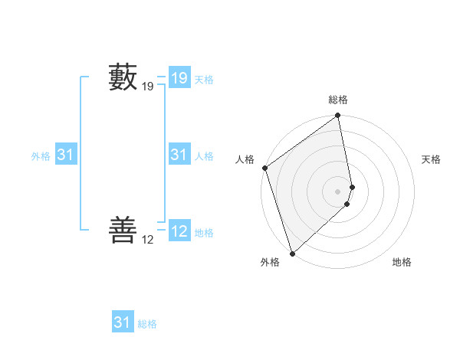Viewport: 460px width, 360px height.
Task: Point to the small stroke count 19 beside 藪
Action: click(x=148, y=87)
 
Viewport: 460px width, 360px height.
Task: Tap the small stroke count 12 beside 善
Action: click(x=148, y=240)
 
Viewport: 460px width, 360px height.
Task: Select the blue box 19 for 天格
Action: click(x=179, y=78)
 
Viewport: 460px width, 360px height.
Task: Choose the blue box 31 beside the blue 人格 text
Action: click(x=179, y=155)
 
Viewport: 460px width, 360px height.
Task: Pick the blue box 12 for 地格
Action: click(x=179, y=231)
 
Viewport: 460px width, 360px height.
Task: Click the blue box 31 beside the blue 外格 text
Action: click(x=66, y=155)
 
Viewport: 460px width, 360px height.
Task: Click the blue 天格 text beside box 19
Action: click(x=204, y=80)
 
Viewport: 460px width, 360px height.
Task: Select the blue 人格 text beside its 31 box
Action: click(x=204, y=156)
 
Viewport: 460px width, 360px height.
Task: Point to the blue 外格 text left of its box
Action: click(x=41, y=156)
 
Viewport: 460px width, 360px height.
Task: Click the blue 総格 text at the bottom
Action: click(x=147, y=324)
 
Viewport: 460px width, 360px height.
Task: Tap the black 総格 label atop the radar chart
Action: click(x=338, y=100)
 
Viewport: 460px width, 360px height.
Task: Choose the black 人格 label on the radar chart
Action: click(x=245, y=159)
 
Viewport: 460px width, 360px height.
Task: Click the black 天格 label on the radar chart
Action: click(x=432, y=159)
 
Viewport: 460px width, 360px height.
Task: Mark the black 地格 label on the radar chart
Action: click(x=402, y=262)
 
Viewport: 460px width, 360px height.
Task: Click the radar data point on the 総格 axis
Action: click(x=338, y=116)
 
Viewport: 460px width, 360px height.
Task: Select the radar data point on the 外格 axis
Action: click(x=292, y=253)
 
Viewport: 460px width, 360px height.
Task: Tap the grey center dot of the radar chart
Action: click(x=338, y=191)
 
